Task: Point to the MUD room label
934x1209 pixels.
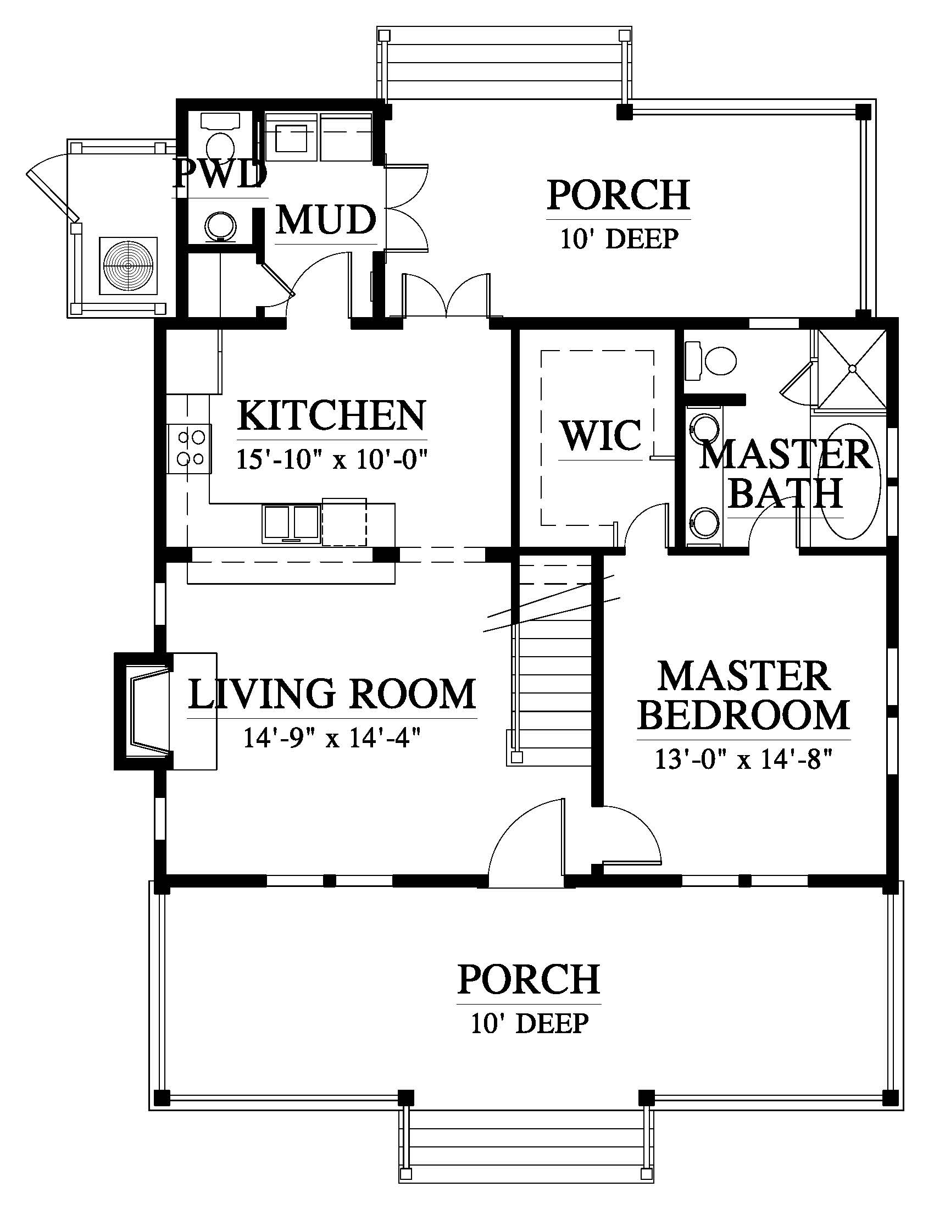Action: [326, 220]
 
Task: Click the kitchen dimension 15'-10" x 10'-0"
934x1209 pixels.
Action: [333, 459]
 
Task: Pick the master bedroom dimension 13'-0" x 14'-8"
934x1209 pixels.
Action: [744, 759]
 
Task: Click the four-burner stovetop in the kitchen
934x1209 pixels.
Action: [189, 449]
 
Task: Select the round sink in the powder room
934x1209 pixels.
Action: [221, 225]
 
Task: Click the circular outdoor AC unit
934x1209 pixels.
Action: [129, 266]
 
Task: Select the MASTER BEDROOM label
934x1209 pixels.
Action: [744, 696]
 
